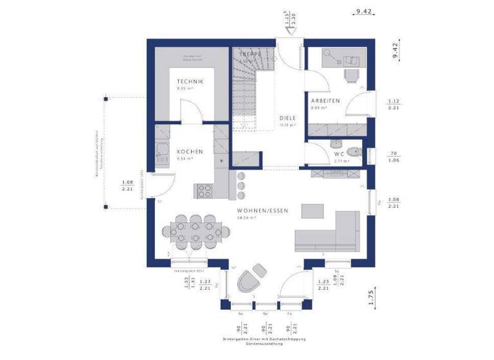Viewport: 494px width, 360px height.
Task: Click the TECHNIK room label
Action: click(x=191, y=82)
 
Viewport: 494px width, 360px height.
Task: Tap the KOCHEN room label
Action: click(x=191, y=152)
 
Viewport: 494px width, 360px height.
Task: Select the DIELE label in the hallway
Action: click(x=288, y=118)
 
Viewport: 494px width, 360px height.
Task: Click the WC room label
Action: click(x=339, y=154)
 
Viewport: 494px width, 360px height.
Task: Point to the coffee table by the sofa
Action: click(x=314, y=210)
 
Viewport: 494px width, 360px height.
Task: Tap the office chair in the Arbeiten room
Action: click(x=350, y=75)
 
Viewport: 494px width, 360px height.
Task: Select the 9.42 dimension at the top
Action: click(x=365, y=11)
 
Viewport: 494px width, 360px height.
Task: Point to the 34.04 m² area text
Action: click(x=247, y=218)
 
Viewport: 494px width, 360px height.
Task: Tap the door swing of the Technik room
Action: click(x=190, y=113)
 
